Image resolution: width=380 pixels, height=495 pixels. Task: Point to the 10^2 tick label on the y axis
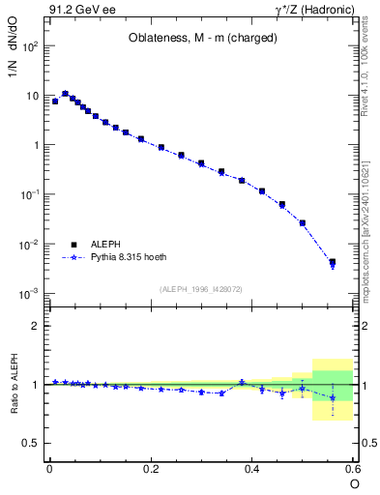[x=29, y=46]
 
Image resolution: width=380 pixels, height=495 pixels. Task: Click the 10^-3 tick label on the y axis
[x=29, y=293]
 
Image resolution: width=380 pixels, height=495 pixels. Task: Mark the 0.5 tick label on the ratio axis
[x=30, y=443]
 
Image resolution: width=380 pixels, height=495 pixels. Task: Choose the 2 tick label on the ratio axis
[x=34, y=326]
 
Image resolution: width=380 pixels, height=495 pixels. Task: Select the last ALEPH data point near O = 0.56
[x=333, y=262]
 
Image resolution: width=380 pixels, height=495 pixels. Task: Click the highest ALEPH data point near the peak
[x=65, y=94]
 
